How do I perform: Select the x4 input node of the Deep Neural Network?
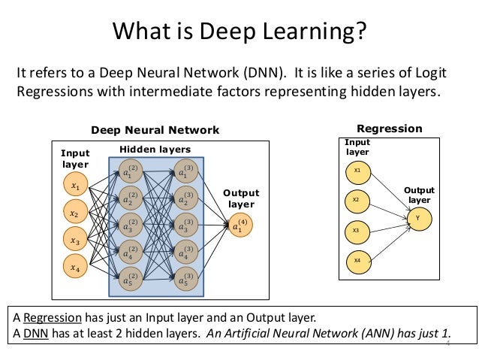74,267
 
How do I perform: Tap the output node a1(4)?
240,226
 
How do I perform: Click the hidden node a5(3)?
184,280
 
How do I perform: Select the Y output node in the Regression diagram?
417,218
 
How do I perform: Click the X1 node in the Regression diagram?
357,171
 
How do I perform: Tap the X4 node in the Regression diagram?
357,261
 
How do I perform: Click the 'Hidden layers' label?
155,150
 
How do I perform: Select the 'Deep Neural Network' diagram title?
155,130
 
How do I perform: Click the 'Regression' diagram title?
390,129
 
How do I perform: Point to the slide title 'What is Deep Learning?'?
239,32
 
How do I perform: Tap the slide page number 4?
448,343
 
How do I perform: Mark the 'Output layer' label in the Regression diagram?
420,195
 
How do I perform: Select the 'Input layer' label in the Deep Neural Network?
74,159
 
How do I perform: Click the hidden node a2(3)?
184,199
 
